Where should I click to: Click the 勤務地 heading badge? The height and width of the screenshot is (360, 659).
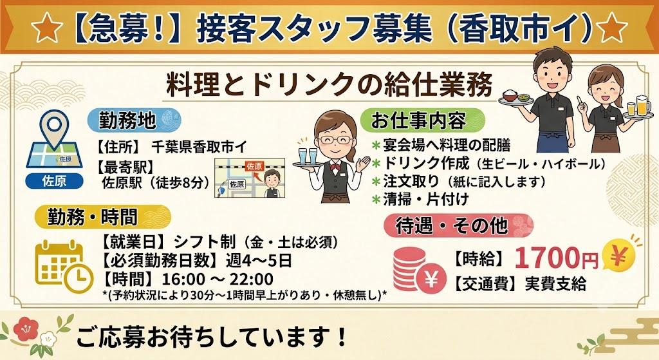[x=134, y=120]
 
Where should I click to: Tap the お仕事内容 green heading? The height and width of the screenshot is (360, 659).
[x=422, y=120]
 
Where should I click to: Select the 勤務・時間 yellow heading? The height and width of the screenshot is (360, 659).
[x=102, y=217]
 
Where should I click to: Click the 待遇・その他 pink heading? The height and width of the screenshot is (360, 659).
[x=458, y=226]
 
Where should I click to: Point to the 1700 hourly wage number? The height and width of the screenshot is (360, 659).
[x=548, y=258]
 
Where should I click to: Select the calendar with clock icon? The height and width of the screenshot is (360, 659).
[x=64, y=266]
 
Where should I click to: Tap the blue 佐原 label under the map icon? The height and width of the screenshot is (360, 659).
[x=54, y=181]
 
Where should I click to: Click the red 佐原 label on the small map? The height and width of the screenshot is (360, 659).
[x=254, y=166]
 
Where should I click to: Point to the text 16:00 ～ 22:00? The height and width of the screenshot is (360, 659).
[x=218, y=279]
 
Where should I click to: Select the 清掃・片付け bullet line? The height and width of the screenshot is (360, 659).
[x=421, y=200]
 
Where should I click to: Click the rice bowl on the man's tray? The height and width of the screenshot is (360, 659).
[x=509, y=95]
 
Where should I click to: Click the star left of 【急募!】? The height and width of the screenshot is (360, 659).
[x=46, y=28]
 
